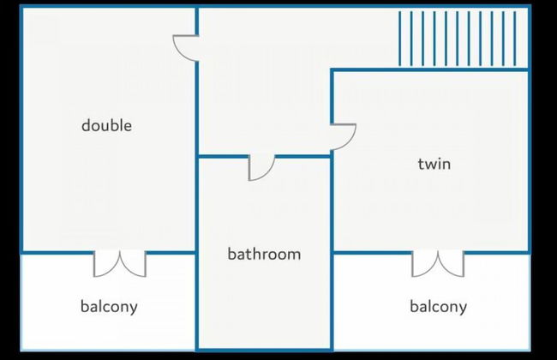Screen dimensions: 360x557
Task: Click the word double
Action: pos(106,126)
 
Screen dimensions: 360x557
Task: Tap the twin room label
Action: pos(434,164)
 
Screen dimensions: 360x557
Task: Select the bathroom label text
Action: pos(264,255)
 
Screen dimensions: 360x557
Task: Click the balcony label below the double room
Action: pos(109,307)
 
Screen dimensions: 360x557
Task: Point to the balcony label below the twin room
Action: pos(438,307)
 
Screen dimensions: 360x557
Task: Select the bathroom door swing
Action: pos(261,168)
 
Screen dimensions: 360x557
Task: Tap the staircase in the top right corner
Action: pos(463,39)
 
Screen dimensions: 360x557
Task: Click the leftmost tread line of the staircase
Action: pos(401,39)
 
